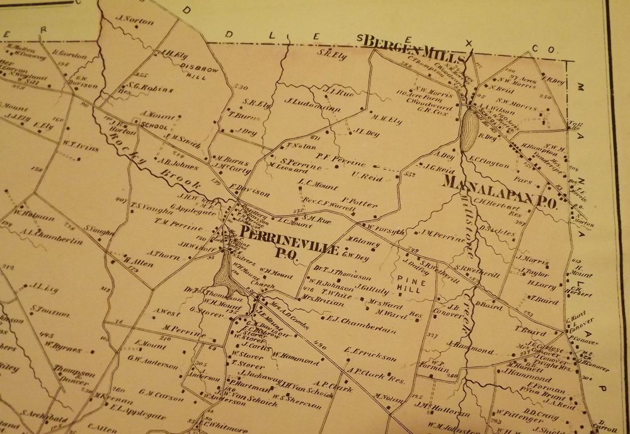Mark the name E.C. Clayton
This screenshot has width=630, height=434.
coord(489,163)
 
